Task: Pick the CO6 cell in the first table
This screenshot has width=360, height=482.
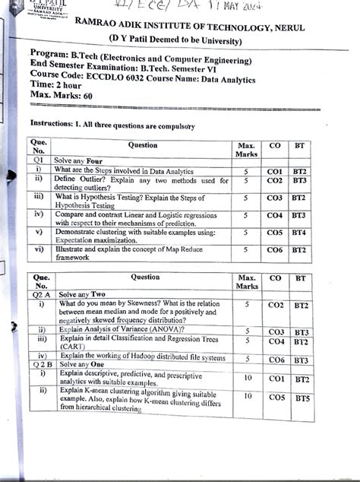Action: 275,249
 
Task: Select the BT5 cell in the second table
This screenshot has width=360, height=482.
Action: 302,397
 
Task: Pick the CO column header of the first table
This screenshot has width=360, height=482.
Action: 275,143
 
